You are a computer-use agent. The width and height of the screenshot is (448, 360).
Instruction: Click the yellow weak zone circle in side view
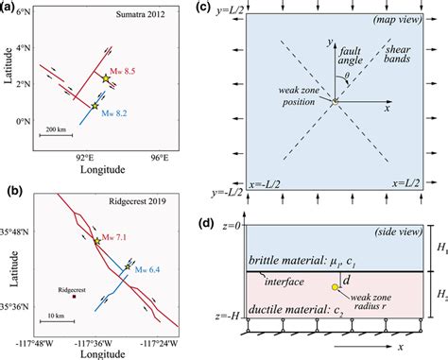334,286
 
